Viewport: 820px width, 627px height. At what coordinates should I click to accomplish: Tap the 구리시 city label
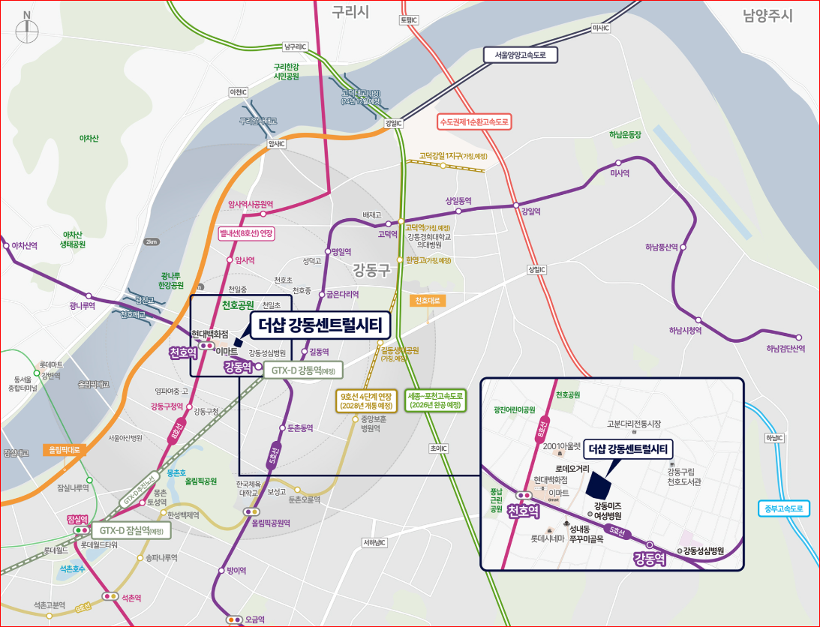352,11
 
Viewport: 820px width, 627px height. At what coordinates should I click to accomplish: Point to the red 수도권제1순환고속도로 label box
474,121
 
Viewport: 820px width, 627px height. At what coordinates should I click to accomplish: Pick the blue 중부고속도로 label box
784,508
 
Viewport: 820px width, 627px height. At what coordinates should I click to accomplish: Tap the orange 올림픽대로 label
65,450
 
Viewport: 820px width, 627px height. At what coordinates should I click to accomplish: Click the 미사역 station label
620,172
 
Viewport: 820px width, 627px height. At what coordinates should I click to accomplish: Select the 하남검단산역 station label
785,348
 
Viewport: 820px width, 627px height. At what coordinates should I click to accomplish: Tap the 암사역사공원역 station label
250,203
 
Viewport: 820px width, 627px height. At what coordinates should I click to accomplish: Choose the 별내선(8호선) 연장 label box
245,232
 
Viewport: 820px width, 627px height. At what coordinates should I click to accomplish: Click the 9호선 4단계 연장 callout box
366,400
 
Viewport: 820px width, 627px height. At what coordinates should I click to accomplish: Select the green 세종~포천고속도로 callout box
435,400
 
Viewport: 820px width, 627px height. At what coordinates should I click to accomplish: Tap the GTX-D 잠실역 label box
131,530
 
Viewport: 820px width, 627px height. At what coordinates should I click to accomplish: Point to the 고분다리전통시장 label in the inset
634,424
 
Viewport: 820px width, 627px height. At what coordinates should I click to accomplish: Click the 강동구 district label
372,269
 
